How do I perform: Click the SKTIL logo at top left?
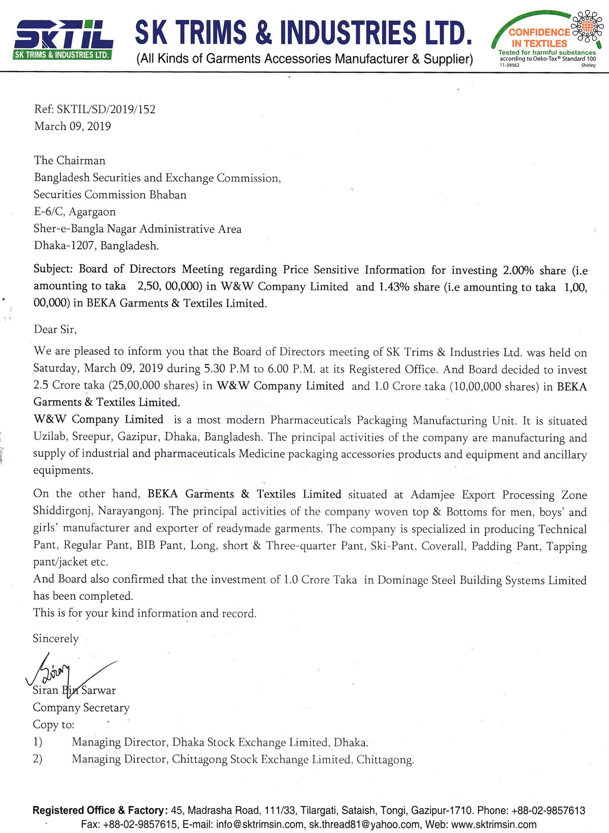click(x=63, y=40)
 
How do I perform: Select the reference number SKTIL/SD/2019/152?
click(x=106, y=109)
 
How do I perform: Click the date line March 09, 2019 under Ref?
click(x=73, y=126)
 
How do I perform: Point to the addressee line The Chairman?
click(x=70, y=160)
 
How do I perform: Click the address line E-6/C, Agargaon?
click(x=75, y=212)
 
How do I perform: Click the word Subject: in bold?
click(x=53, y=269)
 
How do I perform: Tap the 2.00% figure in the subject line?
click(x=518, y=270)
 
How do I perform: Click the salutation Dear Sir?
click(x=55, y=329)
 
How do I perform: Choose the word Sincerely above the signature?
click(x=56, y=638)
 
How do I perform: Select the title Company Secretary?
click(x=81, y=707)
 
